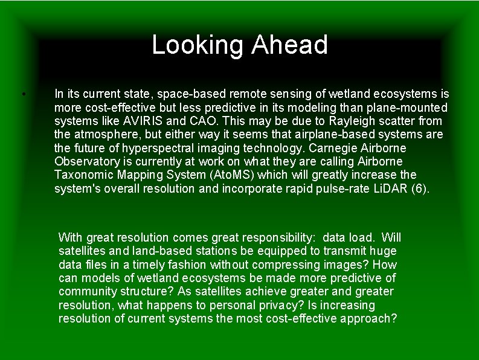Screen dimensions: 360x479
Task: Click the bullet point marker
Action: point(22,94)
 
